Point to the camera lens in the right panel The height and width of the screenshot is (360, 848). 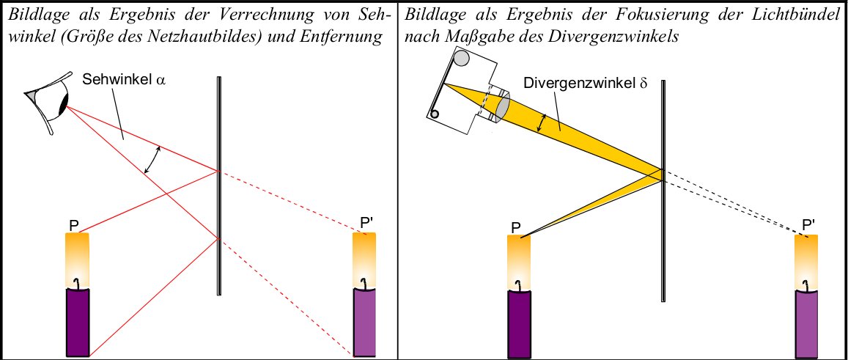point(502,106)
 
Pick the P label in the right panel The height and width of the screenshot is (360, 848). point(516,229)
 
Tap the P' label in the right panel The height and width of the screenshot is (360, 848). point(809,224)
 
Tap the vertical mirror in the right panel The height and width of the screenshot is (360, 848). point(663,191)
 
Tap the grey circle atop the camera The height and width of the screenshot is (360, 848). point(462,58)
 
